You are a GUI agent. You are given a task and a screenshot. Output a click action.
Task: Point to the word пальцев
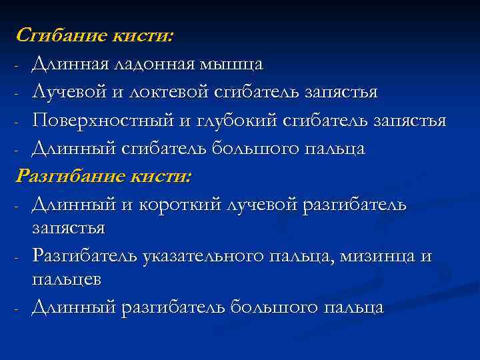pos(66,280)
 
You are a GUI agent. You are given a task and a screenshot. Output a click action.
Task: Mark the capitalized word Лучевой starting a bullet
pos(69,92)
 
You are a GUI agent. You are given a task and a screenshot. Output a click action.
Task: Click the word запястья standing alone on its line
pos(68,228)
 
